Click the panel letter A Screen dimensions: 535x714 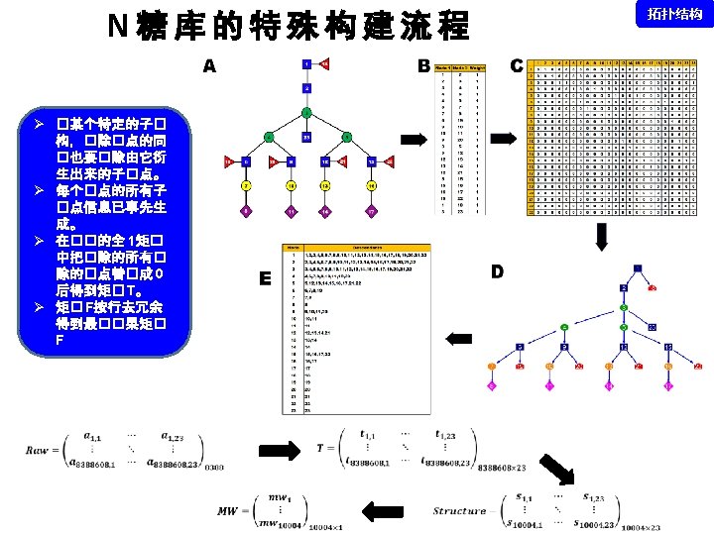209,67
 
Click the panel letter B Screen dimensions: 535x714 423,66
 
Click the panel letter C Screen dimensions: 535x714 516,66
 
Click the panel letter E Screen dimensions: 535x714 265,280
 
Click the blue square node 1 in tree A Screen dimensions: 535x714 306,64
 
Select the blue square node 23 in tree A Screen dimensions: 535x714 306,137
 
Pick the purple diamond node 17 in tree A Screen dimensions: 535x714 371,211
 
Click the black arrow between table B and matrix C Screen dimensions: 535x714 505,137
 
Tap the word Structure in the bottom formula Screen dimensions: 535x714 460,511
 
